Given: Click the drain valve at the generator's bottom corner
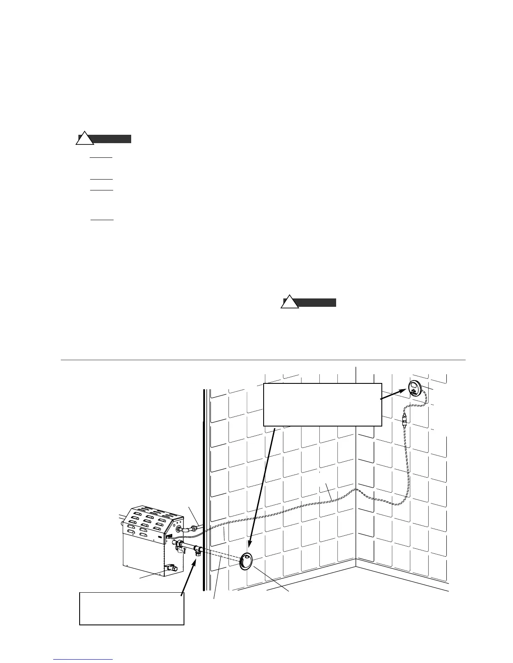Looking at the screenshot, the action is [171, 568].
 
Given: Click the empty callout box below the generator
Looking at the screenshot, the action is [132, 609].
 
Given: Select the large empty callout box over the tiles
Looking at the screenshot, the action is [322, 404].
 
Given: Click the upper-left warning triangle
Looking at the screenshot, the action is [85, 139].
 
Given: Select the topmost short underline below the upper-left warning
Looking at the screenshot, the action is [101, 158].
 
